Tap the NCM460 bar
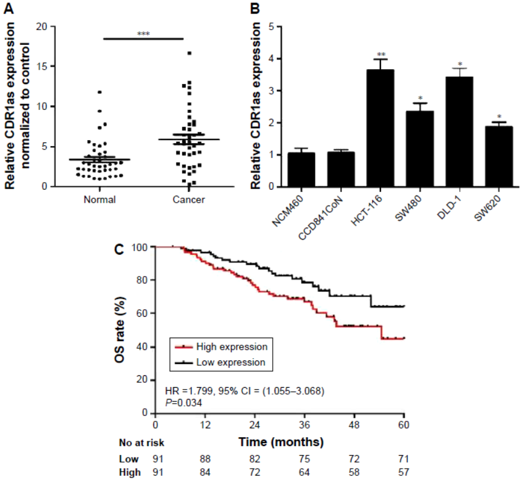(301, 170)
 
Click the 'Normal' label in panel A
(99, 200)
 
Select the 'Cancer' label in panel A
(189, 200)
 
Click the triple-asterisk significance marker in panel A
(144, 34)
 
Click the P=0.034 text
(183, 402)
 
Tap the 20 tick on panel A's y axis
(41, 27)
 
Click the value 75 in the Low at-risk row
(304, 459)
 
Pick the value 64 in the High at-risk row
(304, 472)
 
